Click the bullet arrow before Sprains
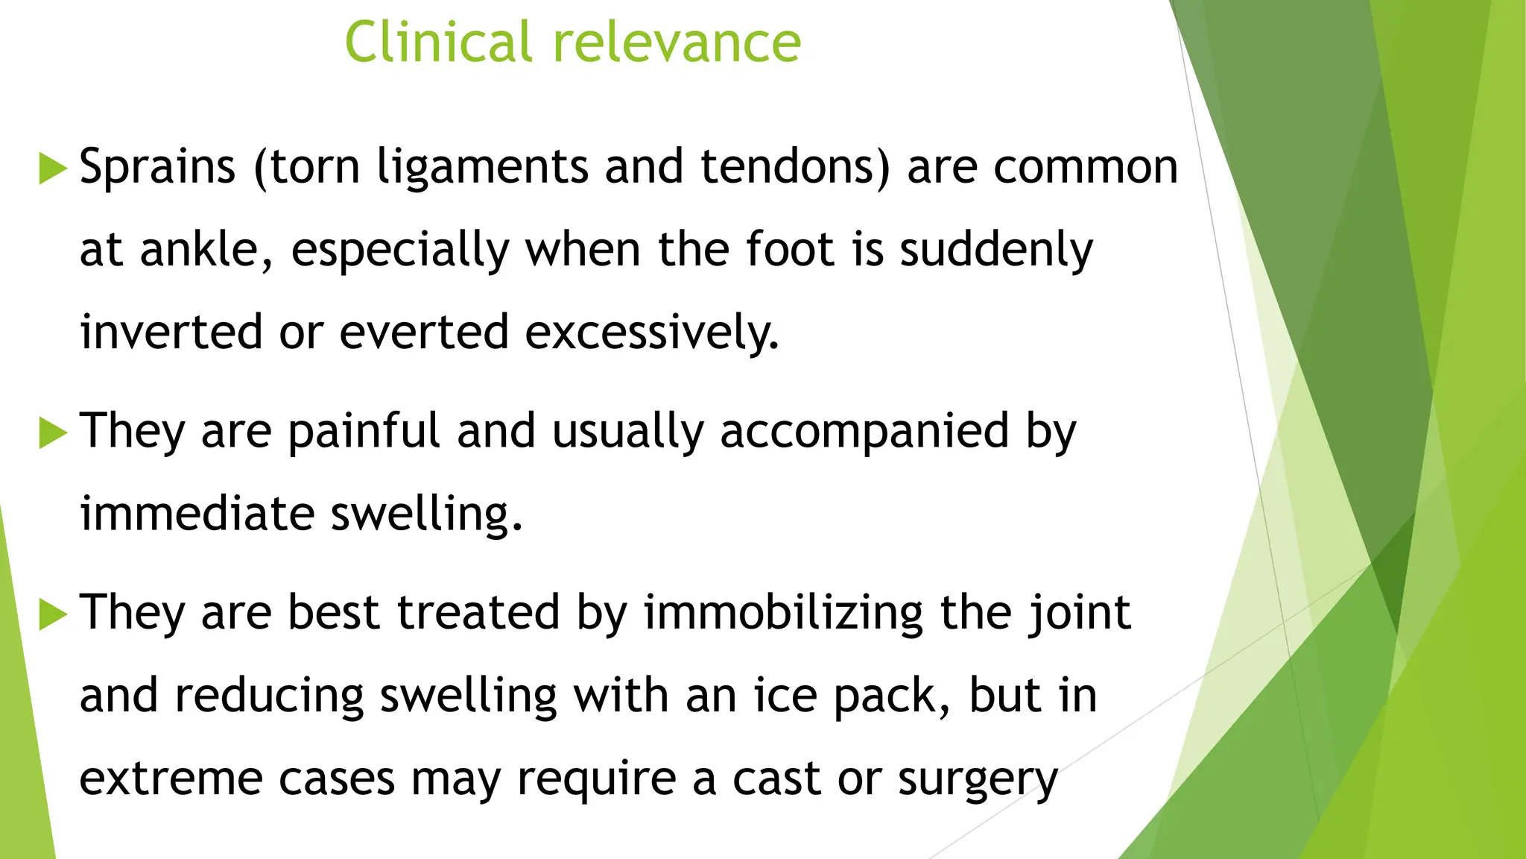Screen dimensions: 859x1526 click(x=52, y=168)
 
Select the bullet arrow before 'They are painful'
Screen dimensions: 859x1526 click(x=52, y=432)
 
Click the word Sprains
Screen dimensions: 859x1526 click(x=157, y=166)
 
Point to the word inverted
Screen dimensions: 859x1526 click(x=171, y=332)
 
